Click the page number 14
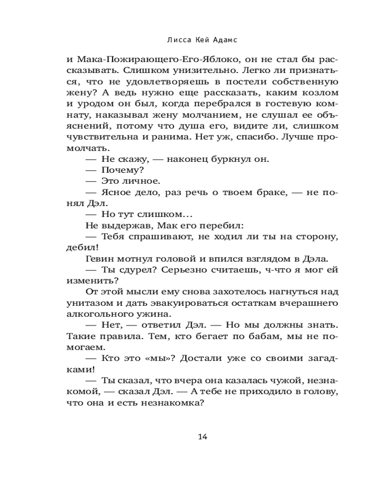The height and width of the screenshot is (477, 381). [202, 436]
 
